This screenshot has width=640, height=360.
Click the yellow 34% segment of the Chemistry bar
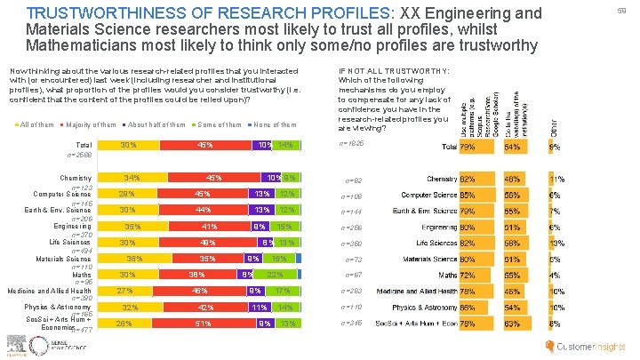point(132,177)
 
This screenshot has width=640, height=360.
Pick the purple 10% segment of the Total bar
point(264,144)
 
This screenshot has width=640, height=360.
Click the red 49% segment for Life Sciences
point(206,242)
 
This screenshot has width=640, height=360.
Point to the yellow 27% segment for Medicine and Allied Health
point(125,291)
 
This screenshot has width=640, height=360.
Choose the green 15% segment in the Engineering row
point(284,226)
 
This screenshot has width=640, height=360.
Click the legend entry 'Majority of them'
point(92,124)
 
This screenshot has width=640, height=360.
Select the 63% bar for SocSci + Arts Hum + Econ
point(512,324)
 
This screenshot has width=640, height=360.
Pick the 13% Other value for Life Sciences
point(555,243)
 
